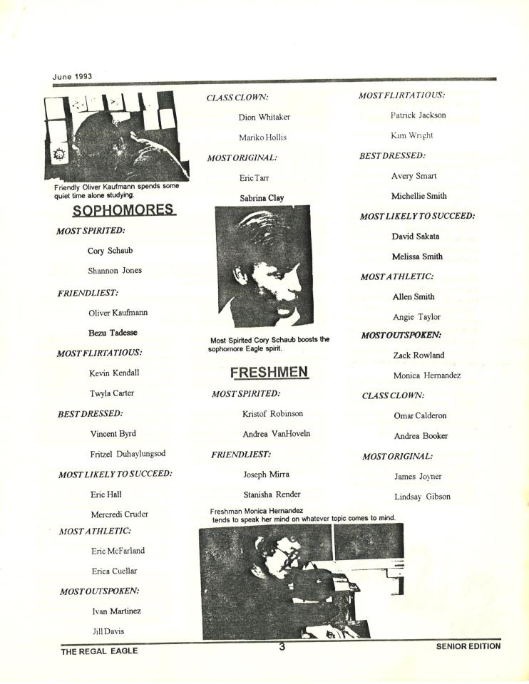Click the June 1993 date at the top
[x=72, y=76]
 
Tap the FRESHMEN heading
[x=269, y=372]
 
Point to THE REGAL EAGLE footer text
[x=99, y=651]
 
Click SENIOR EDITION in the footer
[x=468, y=646]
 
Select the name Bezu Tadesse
[x=113, y=333]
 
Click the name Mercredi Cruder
[x=120, y=514]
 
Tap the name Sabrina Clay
[x=262, y=198]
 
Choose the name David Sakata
[x=416, y=236]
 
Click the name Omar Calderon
[x=421, y=415]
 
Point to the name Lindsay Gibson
[x=422, y=497]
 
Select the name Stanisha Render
[x=272, y=494]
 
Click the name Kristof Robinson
[x=272, y=413]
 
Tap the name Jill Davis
[x=108, y=631]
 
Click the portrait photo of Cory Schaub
[x=264, y=266]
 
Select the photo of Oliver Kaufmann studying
[x=117, y=135]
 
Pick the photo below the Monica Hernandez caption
[x=301, y=581]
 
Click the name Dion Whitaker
[x=264, y=117]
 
